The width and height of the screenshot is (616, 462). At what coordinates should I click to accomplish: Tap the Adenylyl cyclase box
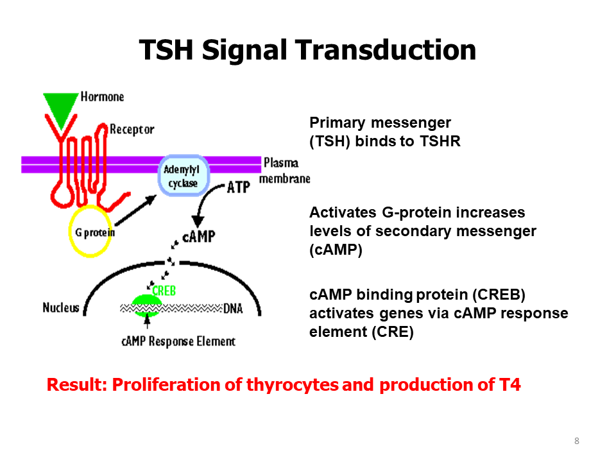pos(184,175)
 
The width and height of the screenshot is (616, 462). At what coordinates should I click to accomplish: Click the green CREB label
pos(164,291)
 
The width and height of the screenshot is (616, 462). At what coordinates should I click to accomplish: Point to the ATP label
pos(238,188)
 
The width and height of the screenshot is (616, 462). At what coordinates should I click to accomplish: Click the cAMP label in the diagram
pos(199,237)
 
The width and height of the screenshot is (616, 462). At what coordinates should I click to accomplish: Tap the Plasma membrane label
pos(283,170)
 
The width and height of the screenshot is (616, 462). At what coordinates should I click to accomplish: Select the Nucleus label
pos(61,307)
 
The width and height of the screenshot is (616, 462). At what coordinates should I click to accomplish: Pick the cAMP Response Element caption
pos(178,341)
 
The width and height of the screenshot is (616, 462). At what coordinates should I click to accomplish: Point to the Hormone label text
pos(102,97)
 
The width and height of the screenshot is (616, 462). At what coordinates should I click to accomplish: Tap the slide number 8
pos(577,441)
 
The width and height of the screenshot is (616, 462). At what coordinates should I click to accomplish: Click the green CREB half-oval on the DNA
pos(148,302)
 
